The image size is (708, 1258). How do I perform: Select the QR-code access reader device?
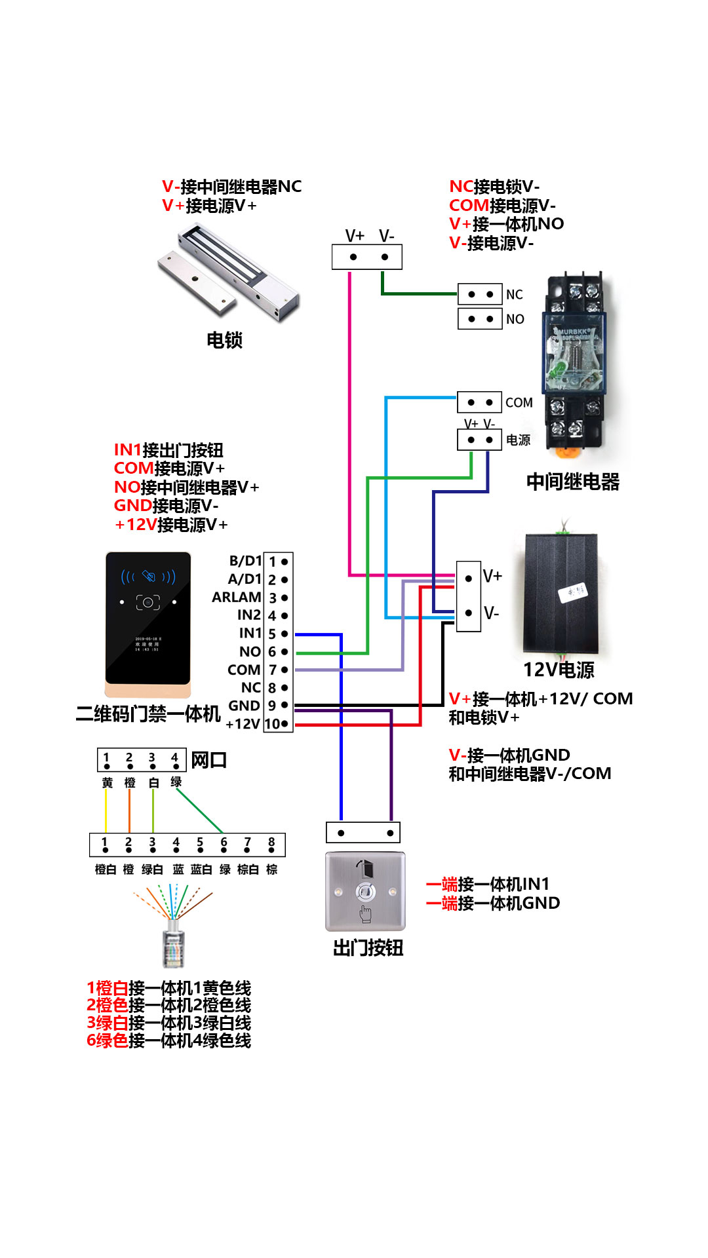pyautogui.click(x=148, y=622)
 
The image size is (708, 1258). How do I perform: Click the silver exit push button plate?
pyautogui.click(x=365, y=891)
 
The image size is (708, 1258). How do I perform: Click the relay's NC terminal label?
pyautogui.click(x=515, y=295)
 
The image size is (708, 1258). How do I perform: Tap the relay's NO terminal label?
pyautogui.click(x=515, y=319)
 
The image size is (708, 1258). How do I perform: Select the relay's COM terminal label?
pyautogui.click(x=519, y=402)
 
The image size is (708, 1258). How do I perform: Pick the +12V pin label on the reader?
pyautogui.click(x=243, y=724)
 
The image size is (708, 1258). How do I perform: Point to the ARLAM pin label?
pyautogui.click(x=237, y=597)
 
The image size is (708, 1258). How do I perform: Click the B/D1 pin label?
pyautogui.click(x=245, y=561)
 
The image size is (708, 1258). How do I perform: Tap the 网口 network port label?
pyautogui.click(x=209, y=760)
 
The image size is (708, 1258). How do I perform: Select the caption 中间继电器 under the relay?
pyautogui.click(x=572, y=482)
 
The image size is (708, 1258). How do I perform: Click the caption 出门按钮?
pyautogui.click(x=368, y=948)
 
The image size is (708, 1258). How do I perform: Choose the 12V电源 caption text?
pyautogui.click(x=559, y=670)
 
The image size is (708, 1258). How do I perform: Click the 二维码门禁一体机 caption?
pyautogui.click(x=148, y=714)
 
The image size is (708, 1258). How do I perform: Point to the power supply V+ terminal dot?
pyautogui.click(x=468, y=579)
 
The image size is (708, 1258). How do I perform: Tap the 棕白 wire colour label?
pyautogui.click(x=248, y=869)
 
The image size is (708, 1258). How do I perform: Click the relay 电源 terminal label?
pyautogui.click(x=518, y=440)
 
